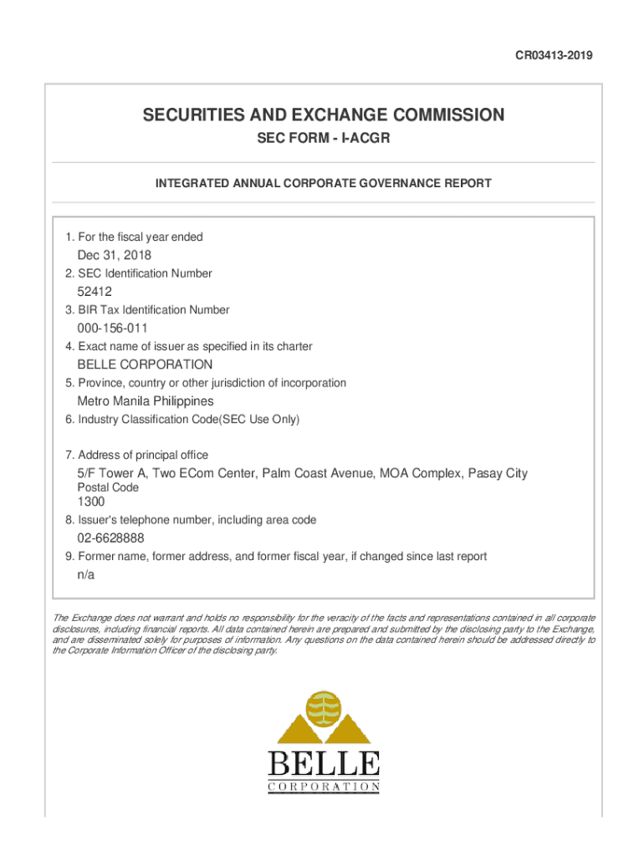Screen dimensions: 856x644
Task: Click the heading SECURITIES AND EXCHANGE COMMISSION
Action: pos(323,115)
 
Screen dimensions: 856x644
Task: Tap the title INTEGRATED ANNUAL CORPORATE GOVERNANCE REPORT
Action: pos(323,183)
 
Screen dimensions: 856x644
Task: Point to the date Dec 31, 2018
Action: pos(115,255)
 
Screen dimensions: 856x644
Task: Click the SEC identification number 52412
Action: pos(95,292)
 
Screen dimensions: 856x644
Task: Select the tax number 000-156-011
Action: pos(112,329)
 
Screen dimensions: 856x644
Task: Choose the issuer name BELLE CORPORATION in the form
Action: pos(145,364)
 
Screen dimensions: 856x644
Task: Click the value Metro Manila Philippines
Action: pos(146,401)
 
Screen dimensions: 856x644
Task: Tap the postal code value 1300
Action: pos(91,502)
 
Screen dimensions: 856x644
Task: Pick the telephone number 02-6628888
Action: pos(116,538)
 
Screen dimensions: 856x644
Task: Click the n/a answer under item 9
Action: pos(86,575)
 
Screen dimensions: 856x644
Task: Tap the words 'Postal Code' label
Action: pos(108,487)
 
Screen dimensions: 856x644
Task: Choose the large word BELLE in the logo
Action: pos(324,764)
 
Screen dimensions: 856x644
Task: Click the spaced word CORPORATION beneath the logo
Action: pos(324,787)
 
